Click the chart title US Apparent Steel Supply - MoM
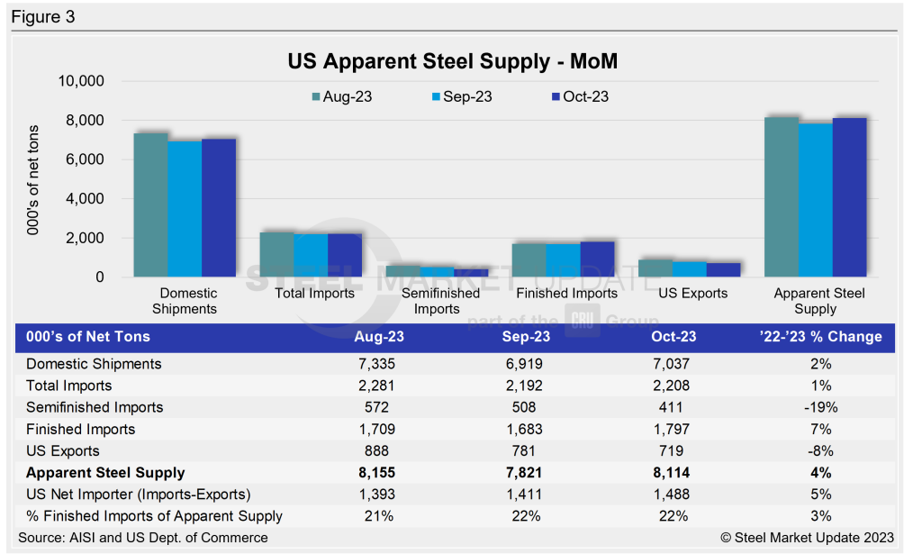pyautogui.click(x=452, y=62)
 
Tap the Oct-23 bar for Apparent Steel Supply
pyautogui.click(x=849, y=197)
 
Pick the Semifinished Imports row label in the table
pyautogui.click(x=95, y=407)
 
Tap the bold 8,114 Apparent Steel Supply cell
pyautogui.click(x=668, y=472)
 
